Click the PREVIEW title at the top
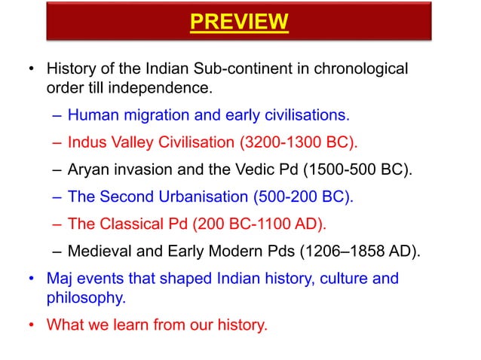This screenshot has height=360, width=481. point(239,23)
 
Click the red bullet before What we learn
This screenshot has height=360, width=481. point(32,326)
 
